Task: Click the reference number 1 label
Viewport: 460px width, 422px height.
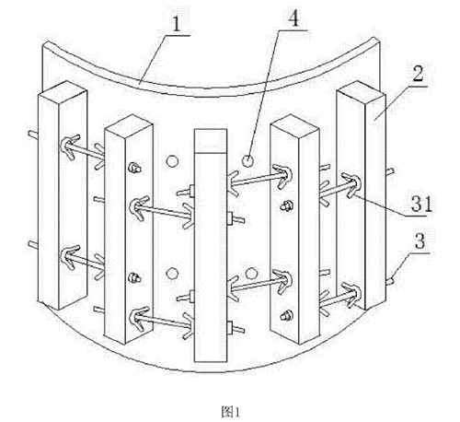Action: coord(177,24)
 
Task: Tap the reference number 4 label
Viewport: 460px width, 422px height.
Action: coord(293,18)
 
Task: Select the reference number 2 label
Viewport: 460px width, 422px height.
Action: coord(419,74)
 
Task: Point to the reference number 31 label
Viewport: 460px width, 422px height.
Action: coord(421,204)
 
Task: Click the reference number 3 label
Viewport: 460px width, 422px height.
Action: coord(420,241)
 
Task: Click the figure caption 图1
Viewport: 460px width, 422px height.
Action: coord(231,412)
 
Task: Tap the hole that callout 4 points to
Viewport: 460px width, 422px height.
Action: coord(247,160)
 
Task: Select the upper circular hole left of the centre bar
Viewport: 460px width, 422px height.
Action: coord(172,161)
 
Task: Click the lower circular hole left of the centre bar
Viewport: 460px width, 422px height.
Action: coord(172,274)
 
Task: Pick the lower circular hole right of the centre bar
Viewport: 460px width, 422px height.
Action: coord(251,273)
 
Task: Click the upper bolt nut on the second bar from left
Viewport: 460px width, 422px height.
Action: coord(134,168)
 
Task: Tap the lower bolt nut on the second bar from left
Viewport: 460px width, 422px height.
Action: coord(134,278)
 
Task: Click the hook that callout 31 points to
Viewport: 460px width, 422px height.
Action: coord(351,185)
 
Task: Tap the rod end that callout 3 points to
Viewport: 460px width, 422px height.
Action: coord(390,281)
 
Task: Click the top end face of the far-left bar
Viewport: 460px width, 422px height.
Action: coord(62,90)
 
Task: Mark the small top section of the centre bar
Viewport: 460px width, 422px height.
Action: coord(211,141)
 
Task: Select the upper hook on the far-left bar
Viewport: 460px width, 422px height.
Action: coord(70,147)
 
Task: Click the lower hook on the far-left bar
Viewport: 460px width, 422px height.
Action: coord(70,257)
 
